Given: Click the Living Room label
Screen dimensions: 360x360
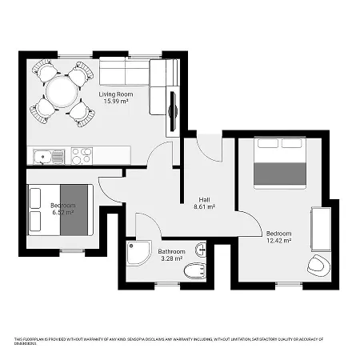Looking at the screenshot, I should click(x=116, y=94).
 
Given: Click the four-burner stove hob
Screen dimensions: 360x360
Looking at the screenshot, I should click(x=82, y=155).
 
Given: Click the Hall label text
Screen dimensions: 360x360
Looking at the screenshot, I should click(x=206, y=199).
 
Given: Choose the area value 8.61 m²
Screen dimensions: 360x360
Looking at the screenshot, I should click(x=206, y=207).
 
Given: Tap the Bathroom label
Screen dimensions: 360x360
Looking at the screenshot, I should click(x=172, y=250).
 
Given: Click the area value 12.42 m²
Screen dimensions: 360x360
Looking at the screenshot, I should click(x=278, y=240).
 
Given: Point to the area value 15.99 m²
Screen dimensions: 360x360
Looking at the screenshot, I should click(x=116, y=102).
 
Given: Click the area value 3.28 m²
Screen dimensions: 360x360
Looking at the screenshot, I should click(x=172, y=258).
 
